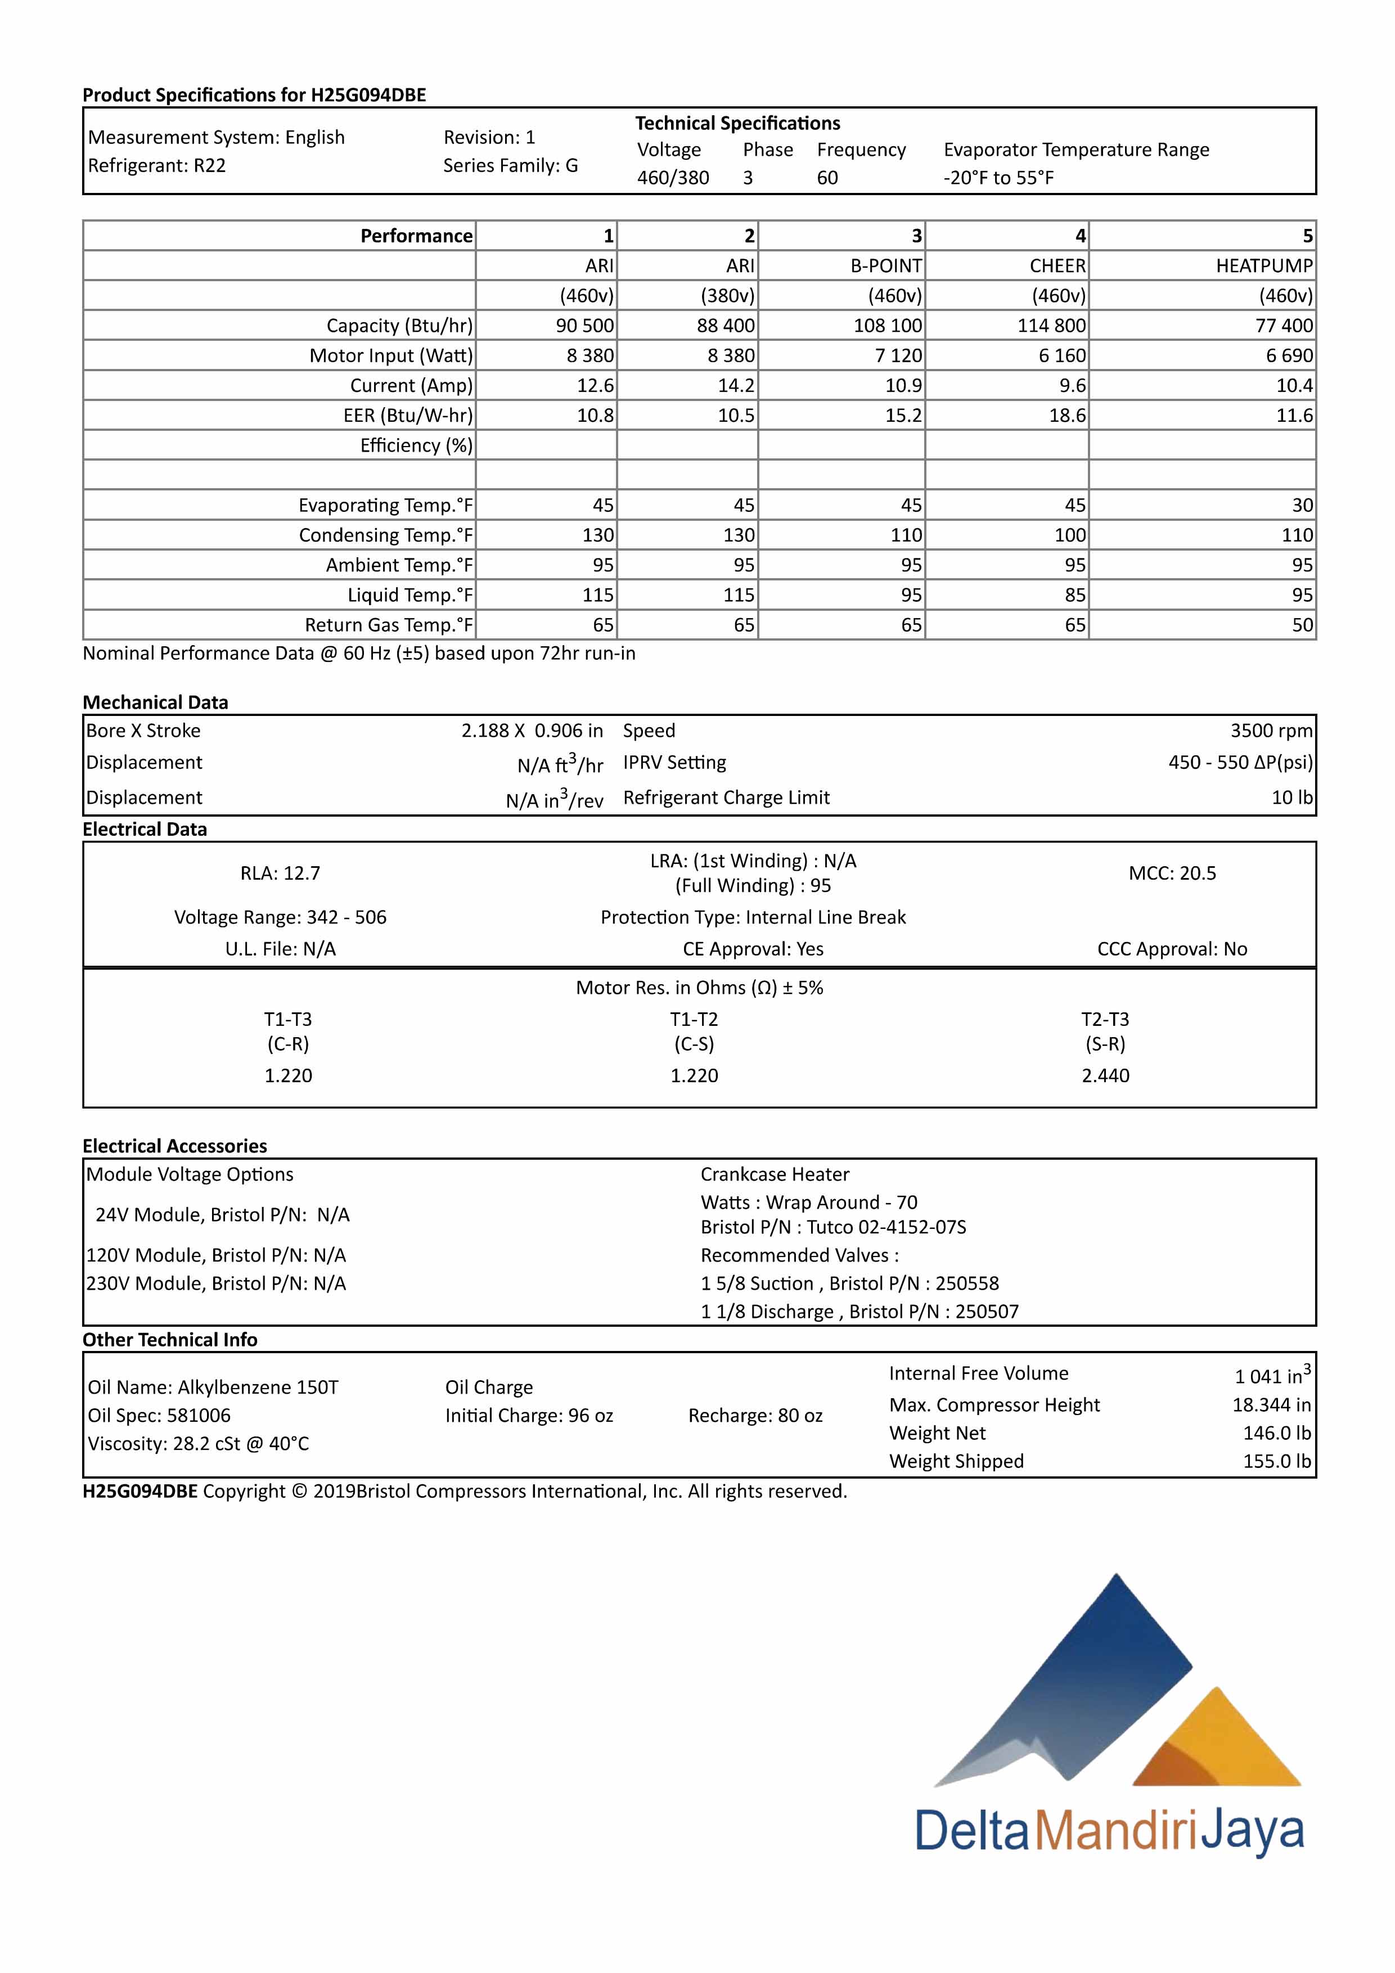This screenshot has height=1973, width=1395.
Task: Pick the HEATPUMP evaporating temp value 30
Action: (1302, 505)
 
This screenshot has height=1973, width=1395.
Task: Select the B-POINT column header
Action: (885, 265)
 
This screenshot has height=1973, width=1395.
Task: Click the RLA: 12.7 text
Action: (280, 873)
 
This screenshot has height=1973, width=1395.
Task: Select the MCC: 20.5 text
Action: (1172, 873)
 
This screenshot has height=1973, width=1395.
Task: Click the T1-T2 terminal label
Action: (694, 1019)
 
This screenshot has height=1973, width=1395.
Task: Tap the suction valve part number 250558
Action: (967, 1283)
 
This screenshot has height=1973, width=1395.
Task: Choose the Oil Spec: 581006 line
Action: (159, 1415)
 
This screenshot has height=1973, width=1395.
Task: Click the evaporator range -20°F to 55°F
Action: (998, 178)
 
